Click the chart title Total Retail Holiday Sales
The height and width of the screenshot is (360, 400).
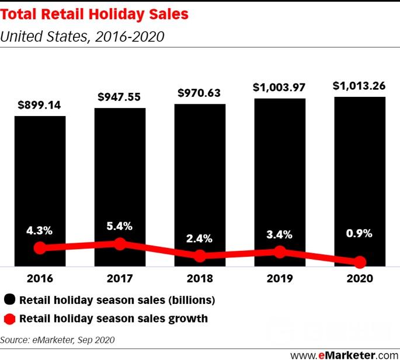tap(94, 14)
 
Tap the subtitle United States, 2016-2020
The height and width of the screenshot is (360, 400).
tap(82, 36)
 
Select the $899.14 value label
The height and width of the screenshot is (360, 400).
tap(39, 105)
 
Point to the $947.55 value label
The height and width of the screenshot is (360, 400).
tap(119, 97)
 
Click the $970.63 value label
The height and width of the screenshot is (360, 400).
tap(199, 93)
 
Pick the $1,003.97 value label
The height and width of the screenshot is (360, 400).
tap(279, 88)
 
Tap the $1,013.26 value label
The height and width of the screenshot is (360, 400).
tap(359, 86)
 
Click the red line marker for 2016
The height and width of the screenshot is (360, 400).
tap(40, 248)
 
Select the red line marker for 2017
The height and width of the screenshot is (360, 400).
tap(120, 244)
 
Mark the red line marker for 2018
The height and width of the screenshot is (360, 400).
tap(200, 256)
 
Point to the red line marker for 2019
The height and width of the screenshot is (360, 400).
tap(280, 252)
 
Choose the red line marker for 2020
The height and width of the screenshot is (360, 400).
tap(360, 262)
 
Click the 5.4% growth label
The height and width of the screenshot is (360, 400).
tap(119, 226)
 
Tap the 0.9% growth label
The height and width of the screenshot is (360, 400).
tap(359, 233)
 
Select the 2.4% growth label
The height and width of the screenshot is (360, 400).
tap(199, 239)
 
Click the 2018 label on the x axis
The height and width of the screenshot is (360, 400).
tap(200, 278)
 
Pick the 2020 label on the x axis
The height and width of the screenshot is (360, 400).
tap(360, 278)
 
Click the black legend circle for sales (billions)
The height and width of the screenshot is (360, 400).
tap(10, 299)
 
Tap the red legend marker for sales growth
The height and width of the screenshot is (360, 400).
tap(10, 319)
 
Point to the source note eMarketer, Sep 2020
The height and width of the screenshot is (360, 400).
tap(74, 340)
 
